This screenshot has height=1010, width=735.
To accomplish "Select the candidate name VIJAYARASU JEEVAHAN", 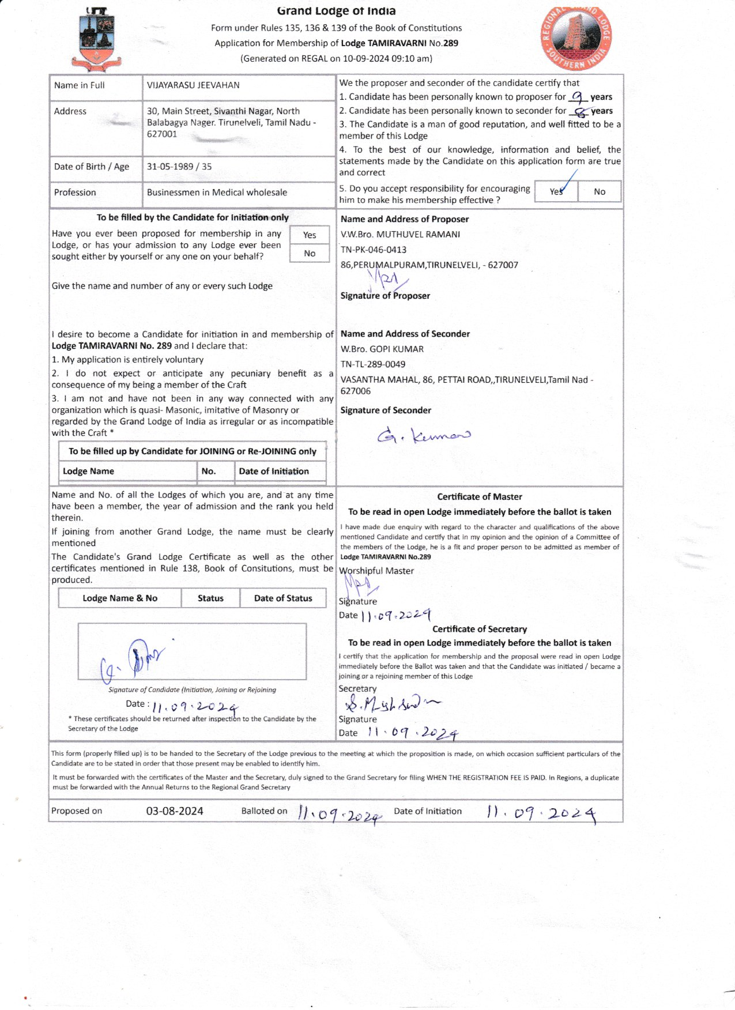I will [193, 85].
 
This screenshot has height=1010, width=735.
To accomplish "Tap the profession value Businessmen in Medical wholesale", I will [217, 193].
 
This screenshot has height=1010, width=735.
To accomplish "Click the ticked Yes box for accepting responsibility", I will [556, 191].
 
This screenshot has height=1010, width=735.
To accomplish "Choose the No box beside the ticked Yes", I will [600, 191].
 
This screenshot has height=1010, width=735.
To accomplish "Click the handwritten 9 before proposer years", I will [578, 97].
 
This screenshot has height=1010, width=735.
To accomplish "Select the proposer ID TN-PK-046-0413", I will [374, 250].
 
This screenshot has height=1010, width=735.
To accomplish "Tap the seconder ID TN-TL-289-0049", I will [373, 364].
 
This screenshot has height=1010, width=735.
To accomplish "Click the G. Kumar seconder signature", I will [424, 435].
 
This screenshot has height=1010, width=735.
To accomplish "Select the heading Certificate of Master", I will [480, 497].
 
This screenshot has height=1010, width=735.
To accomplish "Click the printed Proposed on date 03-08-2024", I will [175, 811].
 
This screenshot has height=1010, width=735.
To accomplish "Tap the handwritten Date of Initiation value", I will [541, 813].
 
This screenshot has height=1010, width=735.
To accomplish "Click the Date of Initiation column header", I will [274, 472].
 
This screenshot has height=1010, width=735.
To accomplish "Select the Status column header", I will [210, 598].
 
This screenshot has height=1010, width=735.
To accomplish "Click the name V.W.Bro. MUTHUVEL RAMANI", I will [400, 235].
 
